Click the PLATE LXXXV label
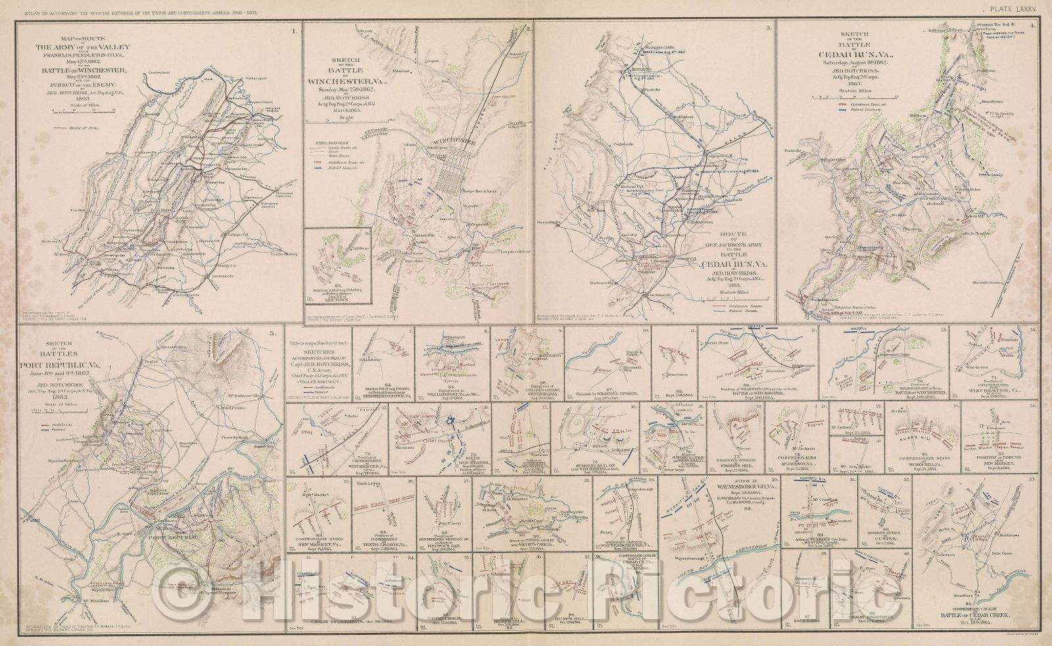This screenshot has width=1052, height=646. coord(1016,9)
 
